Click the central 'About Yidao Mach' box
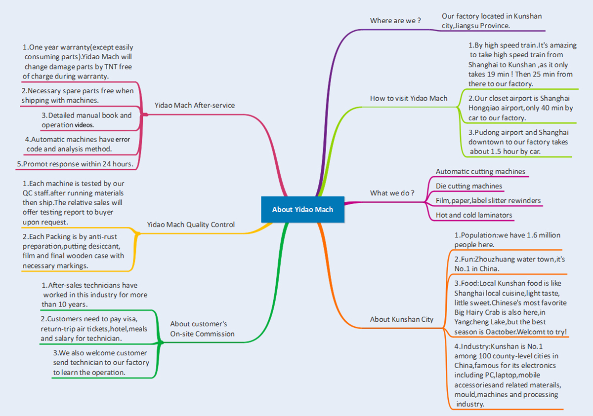tap(302, 209)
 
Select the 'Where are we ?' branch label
tap(395, 21)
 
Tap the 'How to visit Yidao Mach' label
tap(408, 98)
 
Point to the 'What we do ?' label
tap(392, 193)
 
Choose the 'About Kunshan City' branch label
tap(401, 319)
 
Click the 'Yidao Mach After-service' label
tap(194, 105)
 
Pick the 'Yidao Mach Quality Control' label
tap(191, 225)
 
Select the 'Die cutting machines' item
tap(468, 186)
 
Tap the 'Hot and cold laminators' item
tap(473, 215)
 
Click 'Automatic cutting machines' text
tap(480, 172)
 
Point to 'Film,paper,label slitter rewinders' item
tap(488, 201)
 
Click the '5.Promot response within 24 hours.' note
tap(75, 164)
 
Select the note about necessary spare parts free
tap(78, 95)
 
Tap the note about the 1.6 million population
tap(507, 240)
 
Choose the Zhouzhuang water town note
tap(509, 264)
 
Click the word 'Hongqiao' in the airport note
tap(489, 108)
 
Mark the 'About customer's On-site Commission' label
tap(202, 329)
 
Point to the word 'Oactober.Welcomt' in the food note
tap(537, 332)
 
